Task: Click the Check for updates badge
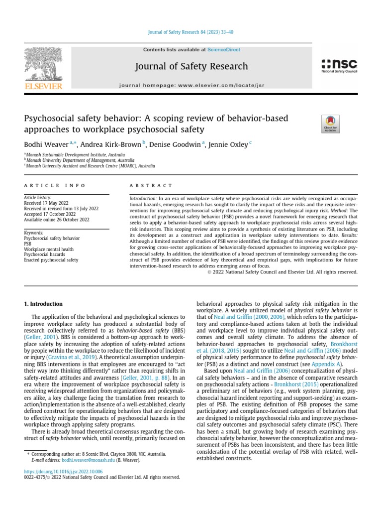[330, 123]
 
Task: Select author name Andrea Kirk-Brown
[114, 144]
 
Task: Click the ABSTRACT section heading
[151, 186]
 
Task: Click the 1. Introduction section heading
[44, 303]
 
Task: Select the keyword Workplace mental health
[48, 249]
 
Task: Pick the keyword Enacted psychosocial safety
[51, 260]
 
